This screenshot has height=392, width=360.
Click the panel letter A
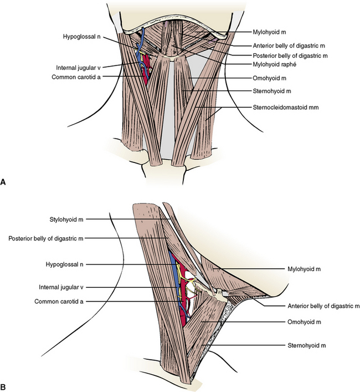click(x=4, y=181)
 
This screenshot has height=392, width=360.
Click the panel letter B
click(x=4, y=383)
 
